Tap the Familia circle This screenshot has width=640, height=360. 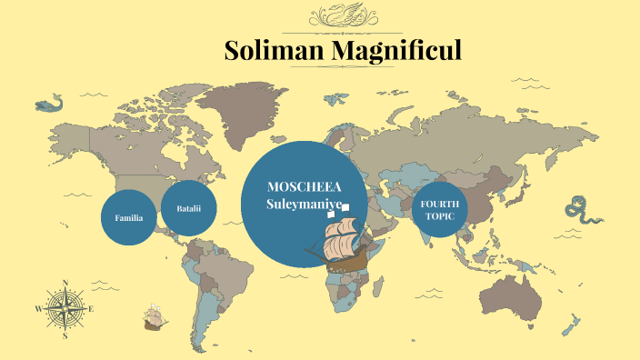point(128,218)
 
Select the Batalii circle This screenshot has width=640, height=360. point(188,209)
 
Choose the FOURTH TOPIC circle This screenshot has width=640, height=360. point(440,210)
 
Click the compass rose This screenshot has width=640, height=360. point(65,308)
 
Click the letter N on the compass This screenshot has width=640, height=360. point(65,282)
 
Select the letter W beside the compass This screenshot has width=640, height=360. point(38,309)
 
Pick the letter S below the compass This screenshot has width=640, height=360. point(65,335)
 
